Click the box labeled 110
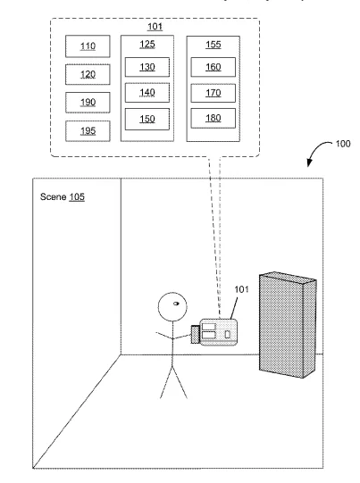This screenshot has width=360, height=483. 88,46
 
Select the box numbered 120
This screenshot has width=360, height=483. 88,74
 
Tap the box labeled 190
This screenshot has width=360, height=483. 88,103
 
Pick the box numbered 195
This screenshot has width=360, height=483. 88,131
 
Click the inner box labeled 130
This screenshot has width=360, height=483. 147,67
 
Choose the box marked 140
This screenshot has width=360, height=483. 147,93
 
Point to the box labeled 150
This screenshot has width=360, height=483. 147,119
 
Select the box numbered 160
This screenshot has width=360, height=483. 213,67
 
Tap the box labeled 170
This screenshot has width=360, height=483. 213,93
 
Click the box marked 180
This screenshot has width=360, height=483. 213,118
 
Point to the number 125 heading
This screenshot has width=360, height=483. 147,45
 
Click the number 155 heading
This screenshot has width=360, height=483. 213,45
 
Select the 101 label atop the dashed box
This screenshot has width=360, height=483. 155,27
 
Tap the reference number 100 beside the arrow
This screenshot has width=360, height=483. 343,144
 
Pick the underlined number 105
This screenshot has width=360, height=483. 77,197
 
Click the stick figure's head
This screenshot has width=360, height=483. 172,307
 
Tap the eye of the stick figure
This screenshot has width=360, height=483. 176,304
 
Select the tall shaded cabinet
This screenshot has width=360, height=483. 288,325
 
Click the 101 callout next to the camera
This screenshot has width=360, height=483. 241,289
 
